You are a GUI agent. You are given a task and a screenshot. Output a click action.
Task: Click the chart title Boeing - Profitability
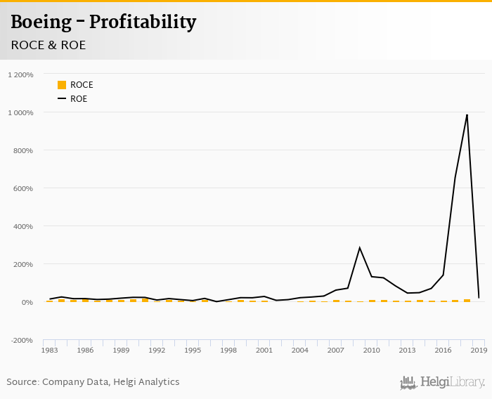pos(103,22)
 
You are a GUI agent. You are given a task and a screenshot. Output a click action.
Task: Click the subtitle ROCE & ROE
pos(48,45)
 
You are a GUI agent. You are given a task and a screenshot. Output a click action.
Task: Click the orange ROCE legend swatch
pos(62,85)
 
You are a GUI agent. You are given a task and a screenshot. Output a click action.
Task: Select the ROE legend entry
pos(78,99)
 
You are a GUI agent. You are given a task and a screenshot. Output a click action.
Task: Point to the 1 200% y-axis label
pos(21,74)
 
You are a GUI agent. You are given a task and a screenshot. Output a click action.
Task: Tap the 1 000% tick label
pos(21,112)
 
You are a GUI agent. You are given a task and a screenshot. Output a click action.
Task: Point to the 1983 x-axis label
pos(50,350)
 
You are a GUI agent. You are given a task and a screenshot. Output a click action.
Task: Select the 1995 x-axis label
pos(193,350)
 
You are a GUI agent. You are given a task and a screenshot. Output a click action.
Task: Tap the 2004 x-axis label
pos(300,350)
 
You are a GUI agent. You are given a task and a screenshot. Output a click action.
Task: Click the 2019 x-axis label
pos(479,350)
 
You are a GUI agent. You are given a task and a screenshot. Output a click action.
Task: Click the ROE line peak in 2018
pos(467,115)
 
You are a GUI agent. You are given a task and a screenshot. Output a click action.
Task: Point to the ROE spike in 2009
pos(360,248)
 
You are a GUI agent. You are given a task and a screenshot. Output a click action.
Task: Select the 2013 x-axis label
pos(408,350)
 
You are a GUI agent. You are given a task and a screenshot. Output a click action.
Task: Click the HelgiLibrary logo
pos(443,382)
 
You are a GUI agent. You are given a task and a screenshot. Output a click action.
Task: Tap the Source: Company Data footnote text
pos(93,382)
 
